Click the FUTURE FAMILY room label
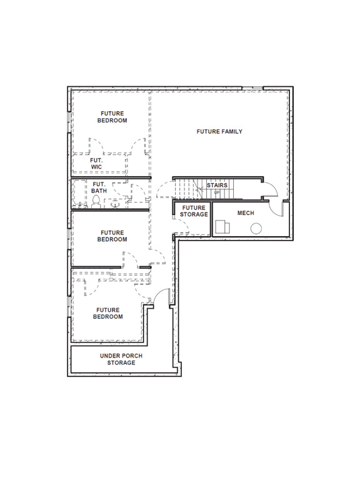click(219, 132)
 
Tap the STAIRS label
click(217, 185)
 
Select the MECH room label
click(246, 213)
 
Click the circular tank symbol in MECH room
click(256, 229)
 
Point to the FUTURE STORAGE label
click(194, 211)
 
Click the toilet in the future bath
click(96, 201)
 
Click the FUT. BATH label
click(99, 187)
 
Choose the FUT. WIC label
click(96, 163)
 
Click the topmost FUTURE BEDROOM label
click(112, 117)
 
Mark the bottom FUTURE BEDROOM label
click(108, 313)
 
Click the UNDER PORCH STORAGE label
click(121, 359)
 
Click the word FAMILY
click(231, 132)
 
